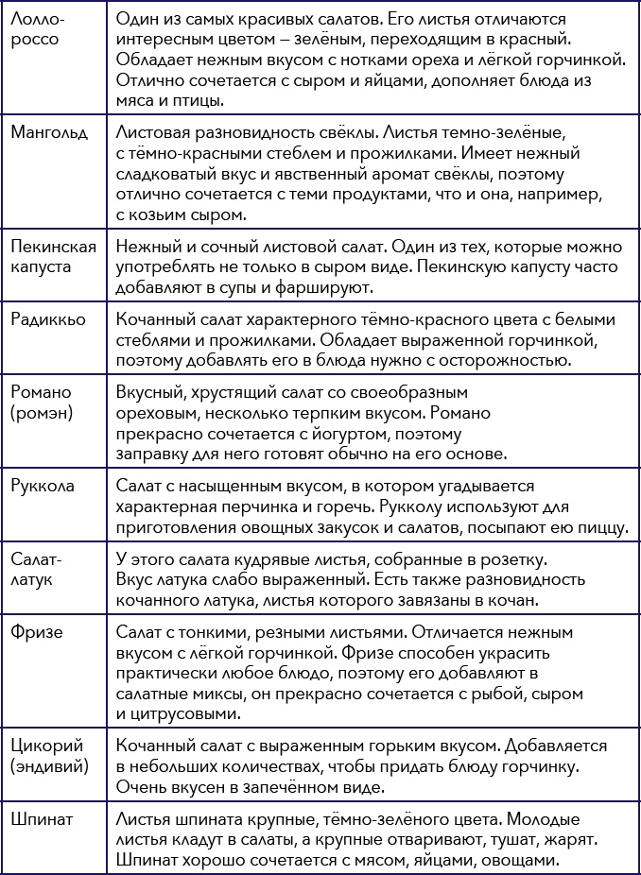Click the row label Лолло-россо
[39, 30]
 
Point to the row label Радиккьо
[47, 318]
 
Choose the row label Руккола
[43, 486]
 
